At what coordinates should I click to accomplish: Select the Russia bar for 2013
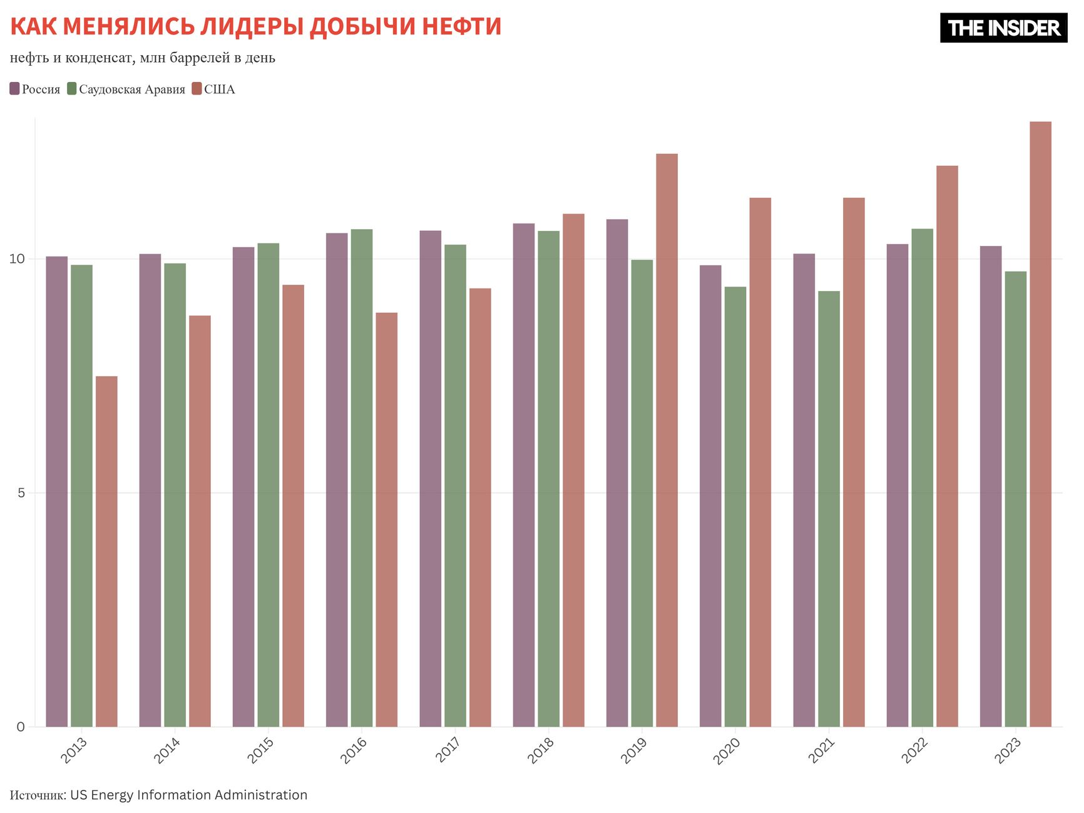[x=57, y=491]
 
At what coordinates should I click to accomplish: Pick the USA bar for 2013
[x=106, y=551]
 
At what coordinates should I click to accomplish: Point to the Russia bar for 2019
[x=617, y=473]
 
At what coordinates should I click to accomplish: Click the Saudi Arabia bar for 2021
[x=829, y=508]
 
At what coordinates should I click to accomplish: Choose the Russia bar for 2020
[x=710, y=496]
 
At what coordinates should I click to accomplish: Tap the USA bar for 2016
[x=386, y=519]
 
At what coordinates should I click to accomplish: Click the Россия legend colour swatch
[x=15, y=89]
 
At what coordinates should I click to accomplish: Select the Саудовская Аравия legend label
[x=132, y=89]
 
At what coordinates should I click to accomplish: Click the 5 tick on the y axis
[x=21, y=493]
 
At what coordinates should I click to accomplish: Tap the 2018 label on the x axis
[x=541, y=749]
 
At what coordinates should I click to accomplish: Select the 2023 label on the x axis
[x=1008, y=749]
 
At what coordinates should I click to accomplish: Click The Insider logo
[x=1003, y=28]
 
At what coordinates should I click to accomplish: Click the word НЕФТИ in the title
[x=461, y=27]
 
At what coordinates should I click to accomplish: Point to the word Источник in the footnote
[x=37, y=795]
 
